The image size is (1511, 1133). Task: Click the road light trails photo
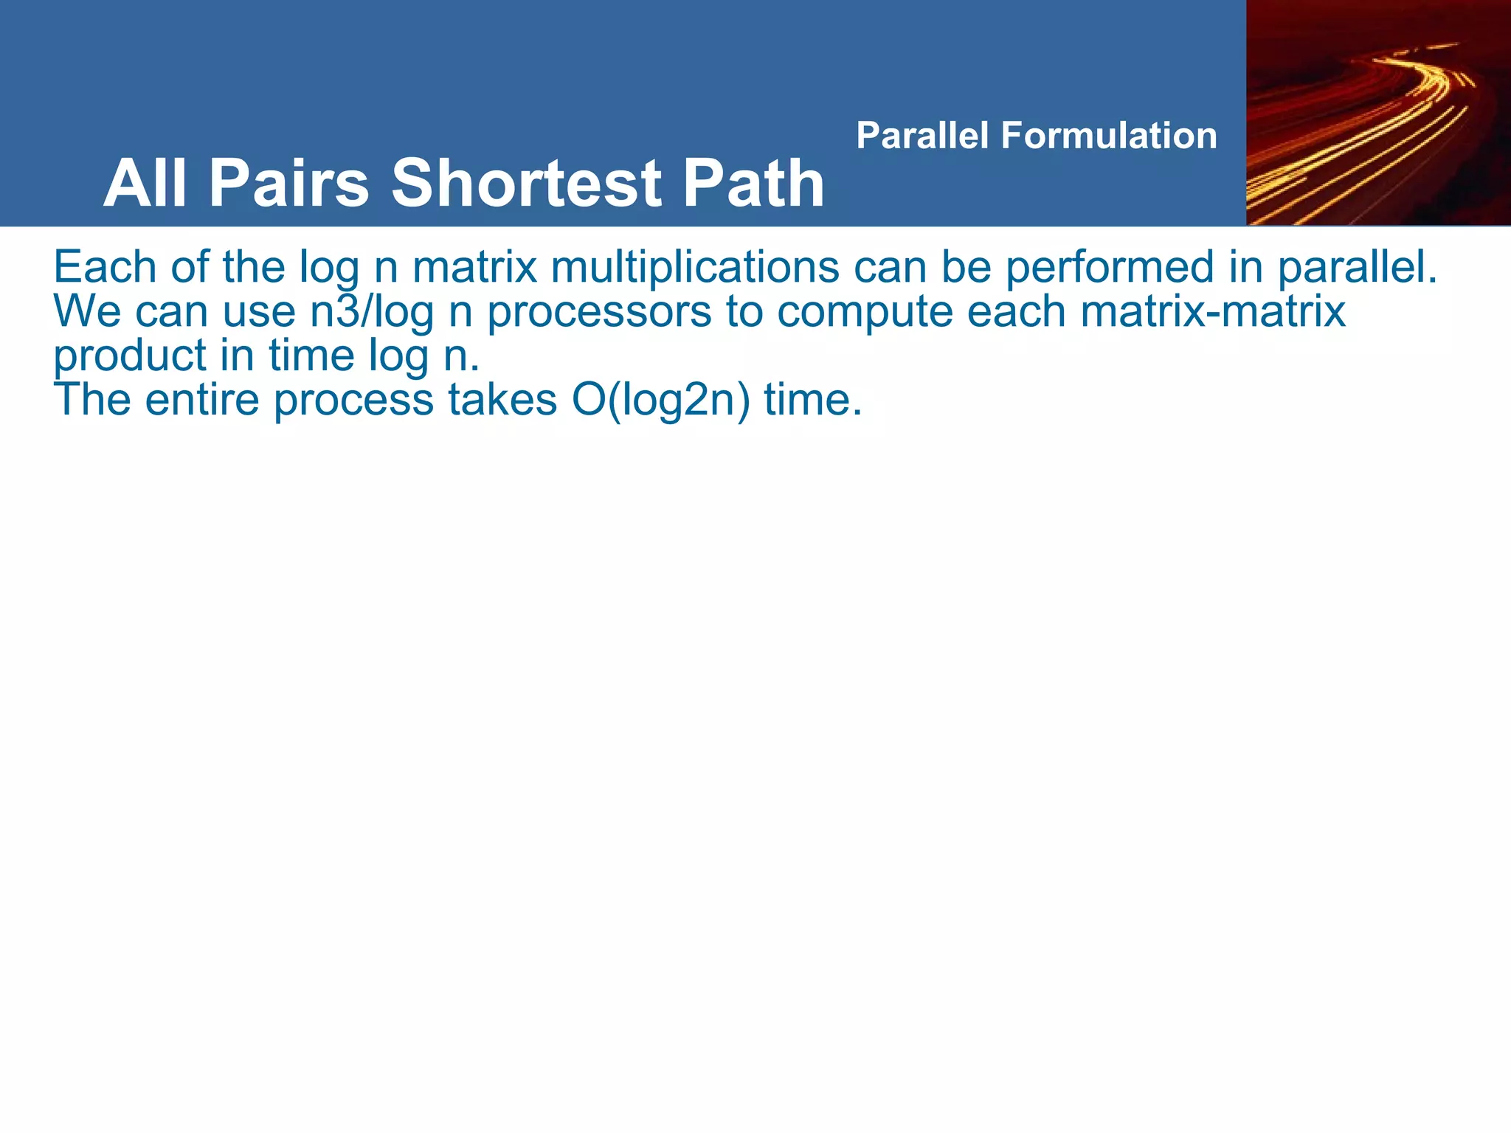click(1377, 112)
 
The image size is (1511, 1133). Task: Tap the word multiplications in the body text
click(694, 267)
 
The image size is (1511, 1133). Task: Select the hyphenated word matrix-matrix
click(1213, 311)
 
